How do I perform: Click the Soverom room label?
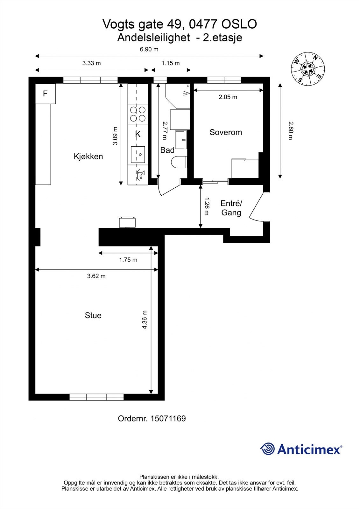[x=226, y=132]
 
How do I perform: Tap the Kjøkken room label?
[x=88, y=157]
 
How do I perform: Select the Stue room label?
[x=93, y=315]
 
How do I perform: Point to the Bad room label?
[x=167, y=150]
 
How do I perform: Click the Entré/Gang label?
[x=231, y=208]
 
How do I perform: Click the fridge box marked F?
[x=45, y=94]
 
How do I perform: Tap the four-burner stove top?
[x=138, y=114]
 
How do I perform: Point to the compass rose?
[x=308, y=69]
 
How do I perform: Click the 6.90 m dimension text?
[x=149, y=49]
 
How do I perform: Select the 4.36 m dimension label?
[x=145, y=319]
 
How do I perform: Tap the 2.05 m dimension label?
[x=228, y=97]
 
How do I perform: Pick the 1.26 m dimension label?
[x=207, y=206]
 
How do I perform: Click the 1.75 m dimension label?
[x=128, y=260]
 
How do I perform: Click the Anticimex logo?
[x=301, y=449]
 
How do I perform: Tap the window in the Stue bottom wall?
[x=96, y=397]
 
